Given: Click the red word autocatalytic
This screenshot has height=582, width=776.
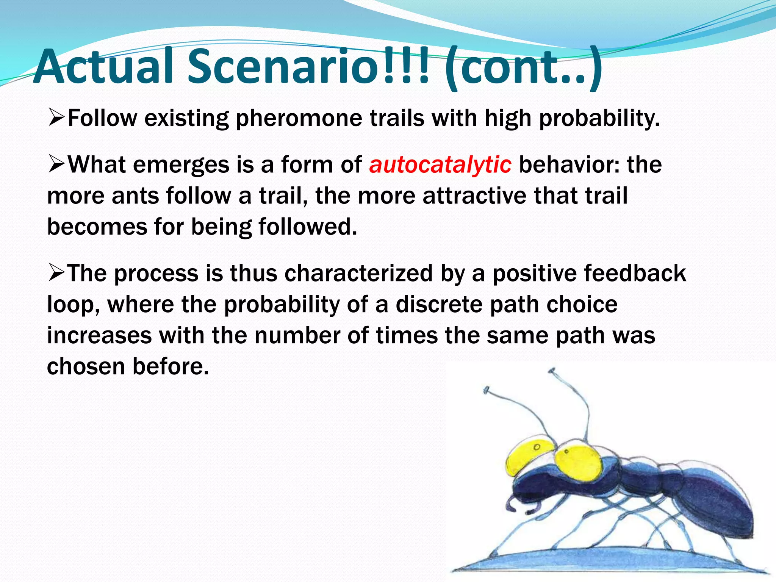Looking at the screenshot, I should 440,165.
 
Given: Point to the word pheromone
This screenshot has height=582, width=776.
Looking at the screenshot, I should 299,118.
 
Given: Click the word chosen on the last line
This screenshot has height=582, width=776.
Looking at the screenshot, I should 86,367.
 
